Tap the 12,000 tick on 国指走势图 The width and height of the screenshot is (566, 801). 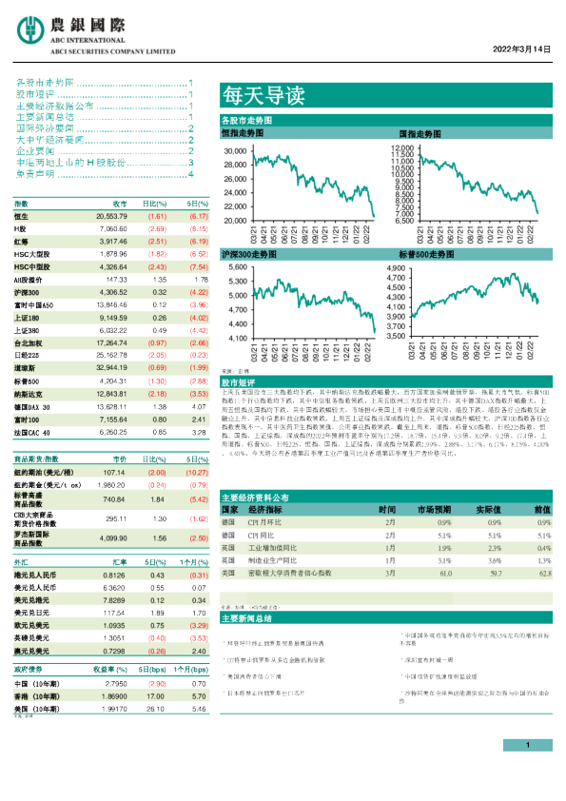point(402,150)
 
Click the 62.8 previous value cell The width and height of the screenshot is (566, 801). point(543,574)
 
